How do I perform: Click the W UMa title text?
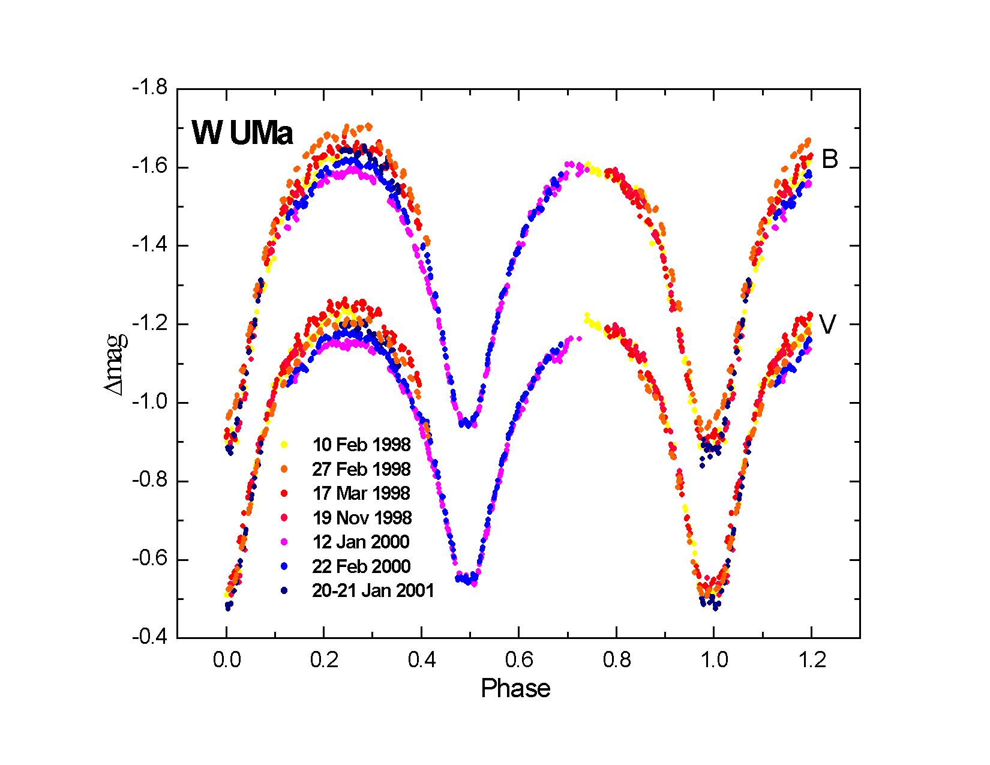(242, 133)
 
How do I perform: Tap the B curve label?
(829, 160)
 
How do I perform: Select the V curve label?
(828, 325)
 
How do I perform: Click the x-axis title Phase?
(515, 688)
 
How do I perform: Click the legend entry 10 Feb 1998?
(361, 445)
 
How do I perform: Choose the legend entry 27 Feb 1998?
(361, 469)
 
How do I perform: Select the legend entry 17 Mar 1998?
(361, 493)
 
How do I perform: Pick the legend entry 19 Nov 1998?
(361, 517)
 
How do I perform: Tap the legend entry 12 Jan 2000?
(360, 542)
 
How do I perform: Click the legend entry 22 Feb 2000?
(361, 566)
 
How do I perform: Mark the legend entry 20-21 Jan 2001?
(372, 591)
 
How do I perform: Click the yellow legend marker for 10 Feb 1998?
(285, 445)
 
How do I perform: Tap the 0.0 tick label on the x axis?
(226, 660)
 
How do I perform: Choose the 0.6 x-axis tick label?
(519, 660)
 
